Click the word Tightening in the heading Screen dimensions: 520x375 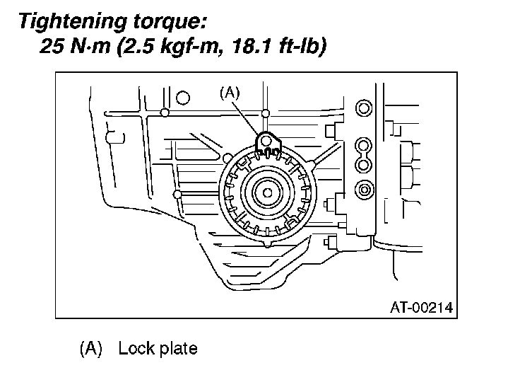[x=73, y=22]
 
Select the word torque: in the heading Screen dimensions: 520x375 [x=170, y=23]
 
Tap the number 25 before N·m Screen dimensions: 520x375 [x=52, y=46]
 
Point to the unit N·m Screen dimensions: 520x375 [x=90, y=46]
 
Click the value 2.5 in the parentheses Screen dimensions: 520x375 [x=136, y=46]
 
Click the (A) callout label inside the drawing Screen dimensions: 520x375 [x=230, y=93]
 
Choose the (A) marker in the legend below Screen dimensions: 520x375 [x=91, y=348]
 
